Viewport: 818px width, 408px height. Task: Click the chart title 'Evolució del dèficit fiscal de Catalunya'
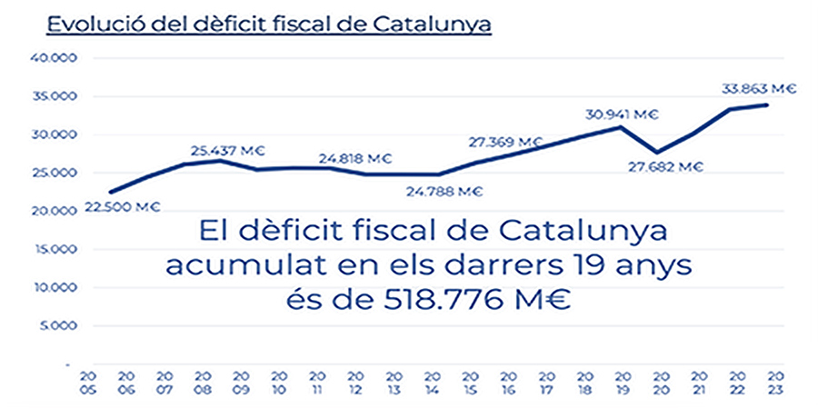(x=269, y=24)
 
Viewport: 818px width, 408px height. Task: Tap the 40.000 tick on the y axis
(x=57, y=58)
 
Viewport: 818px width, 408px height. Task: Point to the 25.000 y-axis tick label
(x=57, y=173)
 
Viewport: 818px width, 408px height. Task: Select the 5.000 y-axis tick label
(x=60, y=325)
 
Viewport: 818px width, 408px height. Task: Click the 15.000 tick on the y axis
(x=57, y=249)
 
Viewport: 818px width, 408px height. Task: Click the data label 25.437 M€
(x=227, y=150)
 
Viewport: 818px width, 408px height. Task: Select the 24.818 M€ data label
(x=354, y=159)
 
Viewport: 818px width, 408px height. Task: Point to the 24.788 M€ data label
(x=445, y=191)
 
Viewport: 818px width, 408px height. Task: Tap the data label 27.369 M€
(x=505, y=142)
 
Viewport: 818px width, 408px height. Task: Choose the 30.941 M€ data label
(x=623, y=114)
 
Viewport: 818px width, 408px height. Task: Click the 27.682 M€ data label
(x=667, y=166)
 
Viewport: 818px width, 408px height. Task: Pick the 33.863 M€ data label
(x=759, y=89)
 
